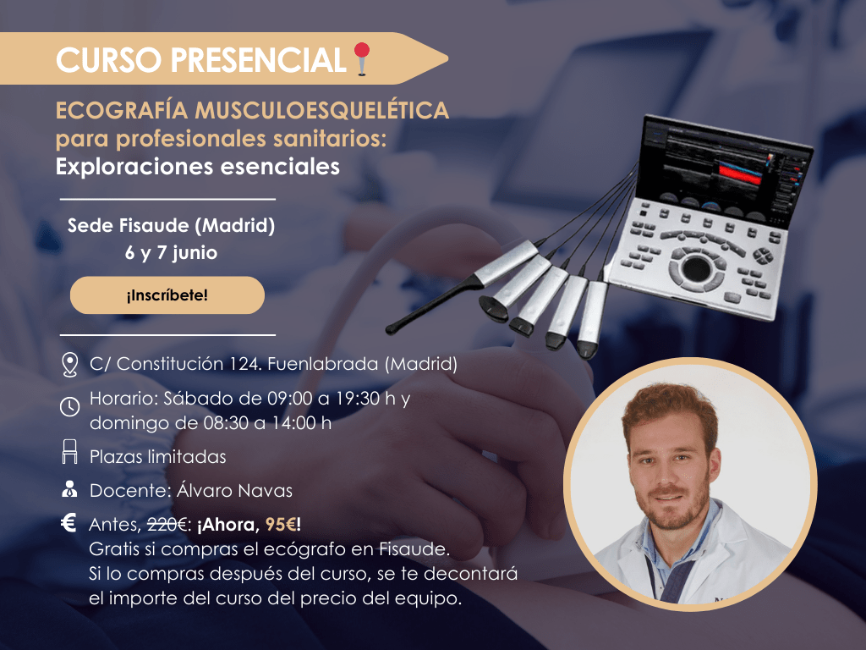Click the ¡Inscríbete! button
[x=167, y=295]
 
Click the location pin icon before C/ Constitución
[x=70, y=365]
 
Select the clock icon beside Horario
[x=70, y=407]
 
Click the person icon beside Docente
[x=70, y=490]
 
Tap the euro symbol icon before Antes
[x=70, y=523]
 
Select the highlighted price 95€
[x=281, y=525]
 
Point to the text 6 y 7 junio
[x=172, y=252]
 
